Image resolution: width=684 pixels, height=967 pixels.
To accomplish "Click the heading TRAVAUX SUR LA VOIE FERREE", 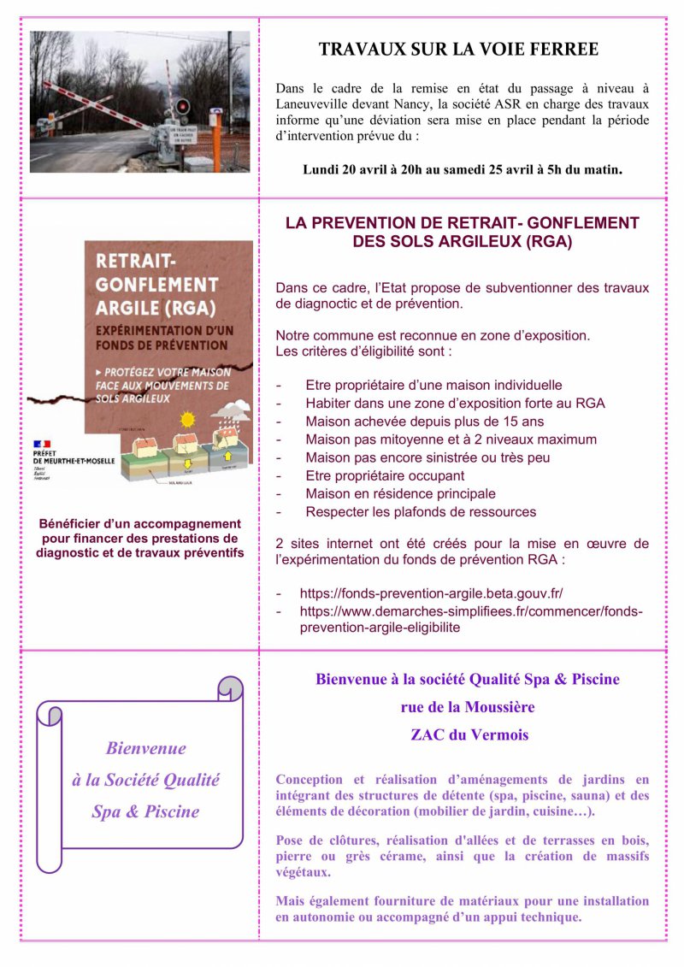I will [x=458, y=50].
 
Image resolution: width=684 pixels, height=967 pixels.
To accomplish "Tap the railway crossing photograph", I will [x=140, y=102].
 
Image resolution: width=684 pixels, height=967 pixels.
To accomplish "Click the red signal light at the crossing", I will [x=182, y=106].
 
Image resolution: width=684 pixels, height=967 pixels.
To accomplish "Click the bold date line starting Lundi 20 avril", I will [x=463, y=169].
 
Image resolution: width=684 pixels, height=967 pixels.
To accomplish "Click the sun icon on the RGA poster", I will [x=189, y=420].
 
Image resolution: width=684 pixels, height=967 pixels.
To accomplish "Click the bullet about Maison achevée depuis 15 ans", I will [x=425, y=422].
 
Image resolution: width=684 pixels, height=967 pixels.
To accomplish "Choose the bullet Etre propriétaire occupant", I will [x=385, y=475].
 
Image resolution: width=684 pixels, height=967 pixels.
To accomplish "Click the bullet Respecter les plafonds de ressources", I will [x=421, y=511].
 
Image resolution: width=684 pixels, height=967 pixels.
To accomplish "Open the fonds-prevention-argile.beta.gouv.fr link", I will [x=431, y=593].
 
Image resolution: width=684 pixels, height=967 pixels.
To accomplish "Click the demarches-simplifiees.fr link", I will [x=470, y=619].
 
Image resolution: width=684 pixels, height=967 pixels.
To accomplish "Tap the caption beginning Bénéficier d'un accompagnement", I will [x=140, y=538].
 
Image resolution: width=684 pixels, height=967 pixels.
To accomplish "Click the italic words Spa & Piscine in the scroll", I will [x=145, y=811].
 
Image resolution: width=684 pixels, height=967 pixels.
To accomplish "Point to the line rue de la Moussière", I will [x=468, y=707].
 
